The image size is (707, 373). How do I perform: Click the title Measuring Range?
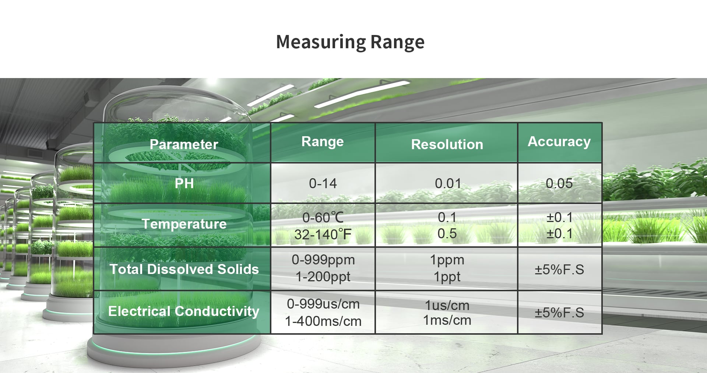pyautogui.click(x=350, y=42)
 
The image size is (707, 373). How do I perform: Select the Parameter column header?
pyautogui.click(x=184, y=144)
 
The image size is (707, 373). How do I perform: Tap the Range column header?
pyautogui.click(x=323, y=142)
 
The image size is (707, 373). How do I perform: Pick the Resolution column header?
pyautogui.click(x=447, y=144)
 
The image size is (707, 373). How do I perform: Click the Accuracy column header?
pyautogui.click(x=559, y=142)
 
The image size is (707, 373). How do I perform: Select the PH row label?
pyautogui.click(x=184, y=183)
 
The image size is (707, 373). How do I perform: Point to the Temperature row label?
pyautogui.click(x=184, y=224)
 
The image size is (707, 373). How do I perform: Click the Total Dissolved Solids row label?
pyautogui.click(x=184, y=269)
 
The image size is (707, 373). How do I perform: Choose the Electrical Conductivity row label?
pyautogui.click(x=184, y=312)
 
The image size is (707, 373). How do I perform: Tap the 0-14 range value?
pyautogui.click(x=323, y=183)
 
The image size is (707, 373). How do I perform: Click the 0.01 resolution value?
pyautogui.click(x=448, y=183)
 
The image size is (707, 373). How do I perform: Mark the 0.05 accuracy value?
pyautogui.click(x=559, y=183)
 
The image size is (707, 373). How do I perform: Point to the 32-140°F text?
pyautogui.click(x=323, y=234)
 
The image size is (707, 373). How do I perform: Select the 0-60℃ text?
pyautogui.click(x=323, y=218)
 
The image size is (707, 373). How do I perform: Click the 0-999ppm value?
pyautogui.click(x=323, y=260)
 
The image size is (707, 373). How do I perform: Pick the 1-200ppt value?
pyautogui.click(x=323, y=277)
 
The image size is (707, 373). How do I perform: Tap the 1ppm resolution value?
pyautogui.click(x=447, y=260)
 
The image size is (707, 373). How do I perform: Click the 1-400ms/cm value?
pyautogui.click(x=323, y=321)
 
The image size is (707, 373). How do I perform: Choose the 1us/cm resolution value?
pyautogui.click(x=447, y=305)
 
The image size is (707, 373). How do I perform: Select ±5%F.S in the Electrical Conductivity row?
pyautogui.click(x=559, y=313)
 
